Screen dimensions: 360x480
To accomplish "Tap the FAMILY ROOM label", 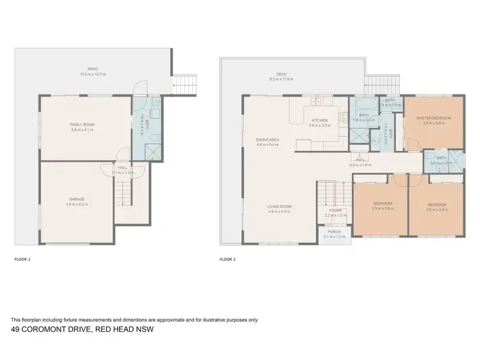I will (x=82, y=125).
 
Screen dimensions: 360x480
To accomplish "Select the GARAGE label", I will (x=77, y=199).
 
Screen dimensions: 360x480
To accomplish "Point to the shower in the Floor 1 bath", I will (x=153, y=152).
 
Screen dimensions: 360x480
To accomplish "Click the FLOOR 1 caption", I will (x=22, y=260).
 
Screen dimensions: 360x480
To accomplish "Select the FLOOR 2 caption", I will (x=228, y=260).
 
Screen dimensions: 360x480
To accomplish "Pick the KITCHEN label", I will (x=319, y=120).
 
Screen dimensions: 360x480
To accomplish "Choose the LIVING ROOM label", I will (x=280, y=207).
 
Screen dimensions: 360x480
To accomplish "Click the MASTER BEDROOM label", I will (x=433, y=118).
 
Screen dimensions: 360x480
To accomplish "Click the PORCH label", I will (x=334, y=231).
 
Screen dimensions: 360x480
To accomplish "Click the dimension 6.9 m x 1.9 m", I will (x=360, y=165).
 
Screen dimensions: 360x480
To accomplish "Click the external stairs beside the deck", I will (x=383, y=82).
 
